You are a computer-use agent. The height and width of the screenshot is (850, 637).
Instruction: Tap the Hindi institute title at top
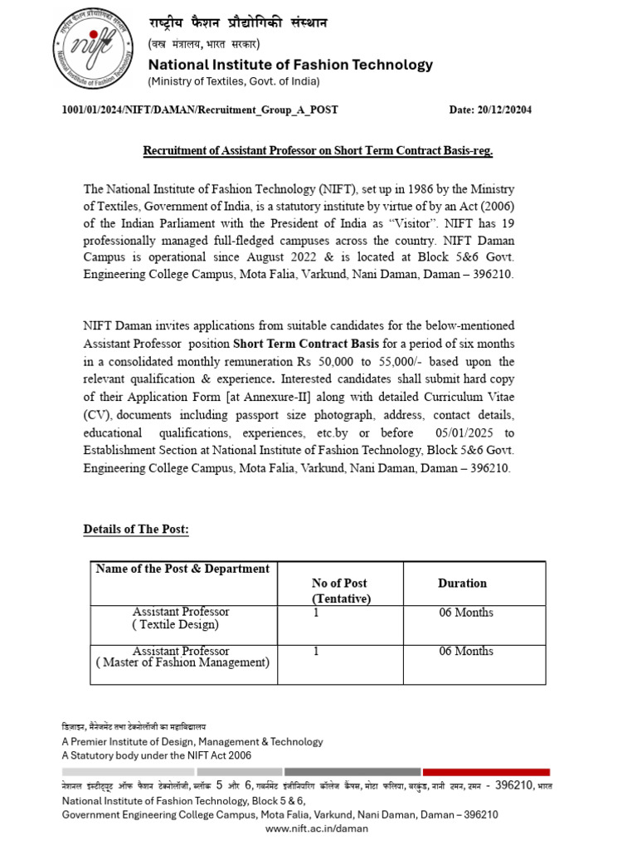237,23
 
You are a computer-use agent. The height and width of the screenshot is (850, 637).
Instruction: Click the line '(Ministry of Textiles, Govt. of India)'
233,81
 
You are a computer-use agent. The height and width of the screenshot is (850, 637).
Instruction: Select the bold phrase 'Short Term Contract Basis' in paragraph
306,344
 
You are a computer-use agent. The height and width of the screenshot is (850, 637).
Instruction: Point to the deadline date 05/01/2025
469,433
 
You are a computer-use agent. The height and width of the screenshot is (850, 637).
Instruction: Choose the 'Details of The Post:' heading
136,530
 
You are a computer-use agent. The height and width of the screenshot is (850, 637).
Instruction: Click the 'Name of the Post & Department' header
182,569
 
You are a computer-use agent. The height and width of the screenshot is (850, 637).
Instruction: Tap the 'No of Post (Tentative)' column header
341,591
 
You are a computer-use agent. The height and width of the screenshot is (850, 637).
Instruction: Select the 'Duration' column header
462,584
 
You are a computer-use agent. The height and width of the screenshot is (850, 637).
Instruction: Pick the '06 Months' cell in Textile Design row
465,613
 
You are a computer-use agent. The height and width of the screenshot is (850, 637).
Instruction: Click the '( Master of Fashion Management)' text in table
183,662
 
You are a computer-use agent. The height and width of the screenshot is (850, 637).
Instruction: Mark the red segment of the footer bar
489,772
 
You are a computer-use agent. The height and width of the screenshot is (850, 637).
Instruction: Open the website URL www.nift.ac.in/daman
316,828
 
